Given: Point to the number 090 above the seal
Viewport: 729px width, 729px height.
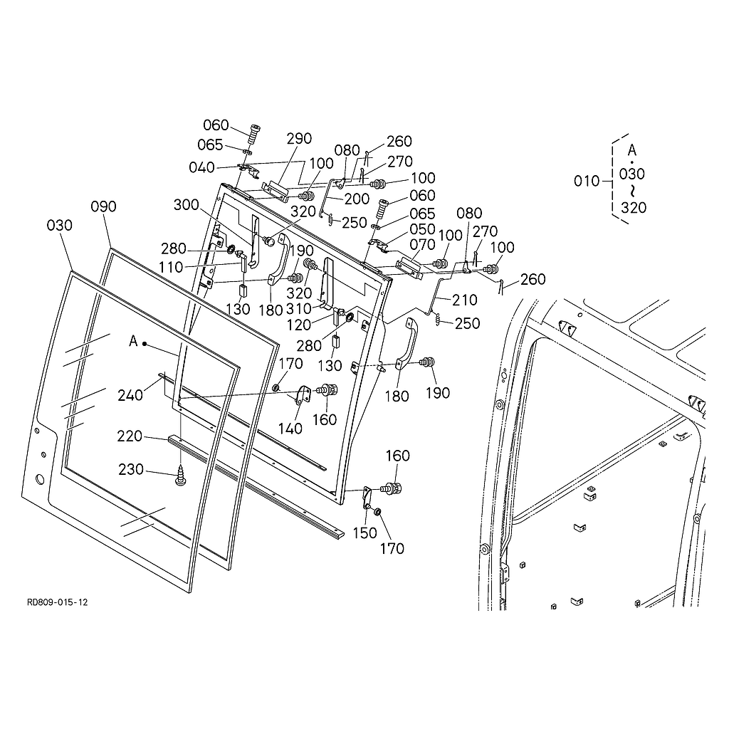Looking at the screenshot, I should tap(103, 206).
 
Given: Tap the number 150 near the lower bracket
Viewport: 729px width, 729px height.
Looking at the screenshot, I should tap(365, 533).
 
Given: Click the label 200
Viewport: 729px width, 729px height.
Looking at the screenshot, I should tap(357, 199).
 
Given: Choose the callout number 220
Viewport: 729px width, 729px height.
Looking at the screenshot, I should tap(130, 436).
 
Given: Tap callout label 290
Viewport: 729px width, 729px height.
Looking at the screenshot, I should tap(300, 138).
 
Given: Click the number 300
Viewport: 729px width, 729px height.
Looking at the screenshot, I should tap(187, 205).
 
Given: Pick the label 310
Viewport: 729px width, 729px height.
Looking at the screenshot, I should tap(299, 309).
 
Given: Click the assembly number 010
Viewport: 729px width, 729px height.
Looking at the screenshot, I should tap(587, 181).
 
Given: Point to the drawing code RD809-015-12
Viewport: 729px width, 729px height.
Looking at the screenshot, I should tap(58, 602).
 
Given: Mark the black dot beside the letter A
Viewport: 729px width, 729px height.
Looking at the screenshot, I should tap(145, 343).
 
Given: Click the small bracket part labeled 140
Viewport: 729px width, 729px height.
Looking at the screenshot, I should tap(302, 394).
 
